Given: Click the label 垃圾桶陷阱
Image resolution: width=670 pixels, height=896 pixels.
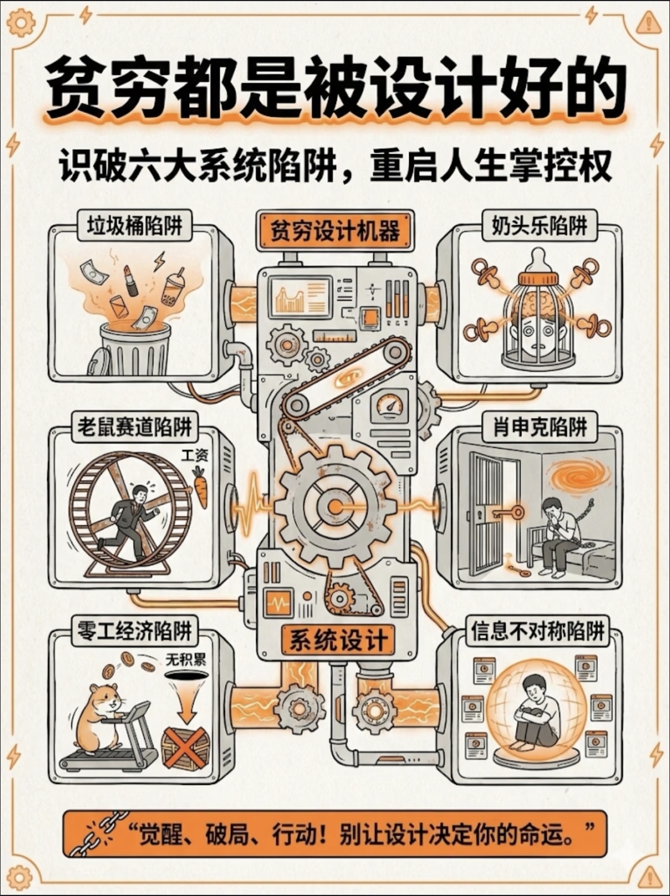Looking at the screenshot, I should tap(135, 226).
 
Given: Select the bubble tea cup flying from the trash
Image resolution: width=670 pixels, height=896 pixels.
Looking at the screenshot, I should tap(173, 288).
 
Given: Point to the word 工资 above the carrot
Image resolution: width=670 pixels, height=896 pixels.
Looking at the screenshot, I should tap(195, 455).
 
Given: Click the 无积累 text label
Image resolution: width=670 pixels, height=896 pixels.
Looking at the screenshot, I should tap(185, 660).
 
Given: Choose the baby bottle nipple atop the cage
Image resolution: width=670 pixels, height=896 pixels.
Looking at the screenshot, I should tap(538, 260).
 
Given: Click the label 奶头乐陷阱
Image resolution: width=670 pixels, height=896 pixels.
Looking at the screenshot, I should tap(539, 226).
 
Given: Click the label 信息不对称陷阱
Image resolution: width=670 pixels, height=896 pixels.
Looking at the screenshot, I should tap(538, 631).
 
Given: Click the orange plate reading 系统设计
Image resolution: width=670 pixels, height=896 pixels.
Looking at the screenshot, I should tap(338, 640).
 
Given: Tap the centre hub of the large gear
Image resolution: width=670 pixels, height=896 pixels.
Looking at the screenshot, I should tap(335, 506).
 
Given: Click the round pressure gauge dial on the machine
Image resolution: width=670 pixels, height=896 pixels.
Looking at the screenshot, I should tap(390, 404).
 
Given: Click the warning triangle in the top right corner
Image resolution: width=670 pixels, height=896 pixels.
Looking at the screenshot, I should tap(648, 24).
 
